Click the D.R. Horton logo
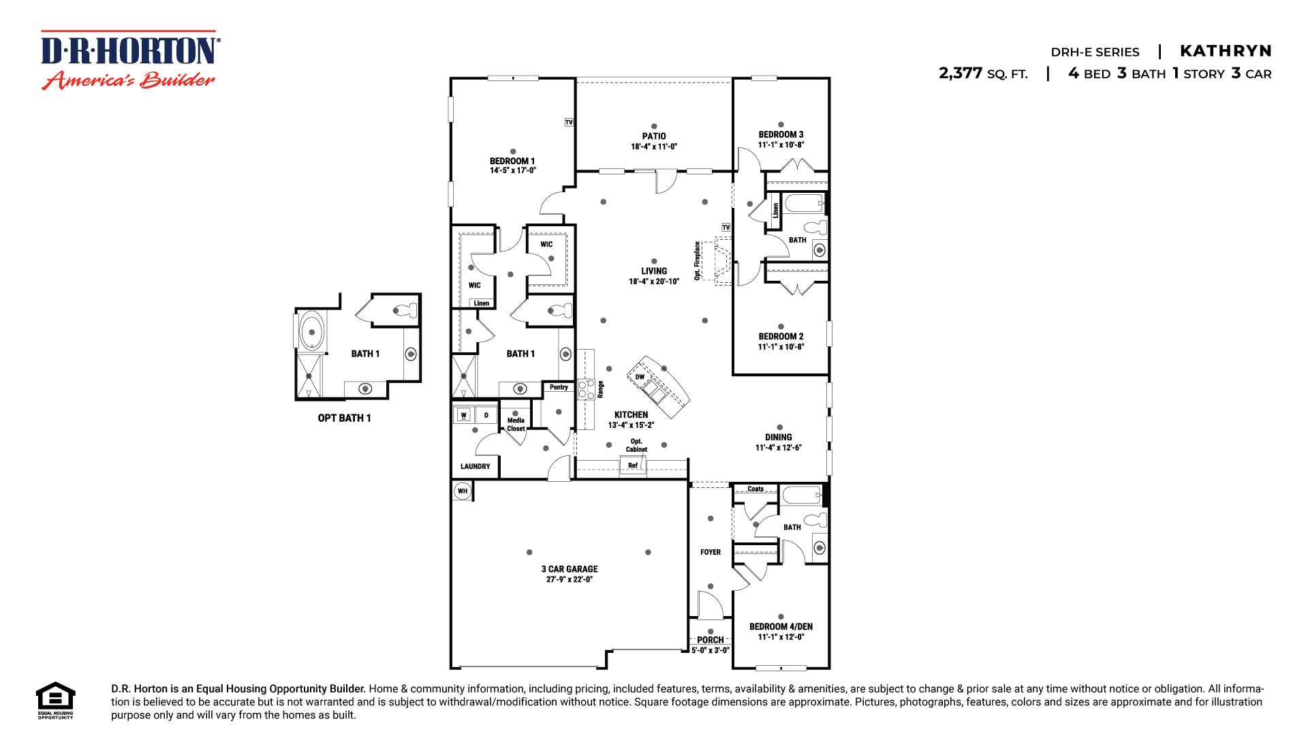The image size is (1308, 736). click(129, 60)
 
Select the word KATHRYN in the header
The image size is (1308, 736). click(1226, 51)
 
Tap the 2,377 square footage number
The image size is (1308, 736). click(961, 73)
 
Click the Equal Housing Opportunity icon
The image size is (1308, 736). click(55, 699)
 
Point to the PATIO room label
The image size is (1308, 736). click(653, 136)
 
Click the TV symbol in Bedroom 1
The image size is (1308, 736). click(569, 123)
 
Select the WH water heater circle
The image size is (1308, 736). click(463, 491)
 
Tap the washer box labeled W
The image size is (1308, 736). click(464, 415)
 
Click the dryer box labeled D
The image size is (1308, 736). click(486, 415)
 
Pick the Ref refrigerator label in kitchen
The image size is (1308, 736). click(633, 465)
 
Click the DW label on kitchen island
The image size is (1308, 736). click(640, 377)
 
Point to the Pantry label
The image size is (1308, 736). click(559, 387)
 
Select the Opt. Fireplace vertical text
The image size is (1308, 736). click(697, 260)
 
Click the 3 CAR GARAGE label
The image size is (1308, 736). click(570, 569)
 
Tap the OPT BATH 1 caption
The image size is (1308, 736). click(344, 418)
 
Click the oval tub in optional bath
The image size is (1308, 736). click(312, 332)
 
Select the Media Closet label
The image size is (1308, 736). click(516, 425)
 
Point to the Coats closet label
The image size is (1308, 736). click(756, 489)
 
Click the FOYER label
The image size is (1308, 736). click(710, 552)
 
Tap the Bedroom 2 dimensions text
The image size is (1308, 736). click(781, 347)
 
